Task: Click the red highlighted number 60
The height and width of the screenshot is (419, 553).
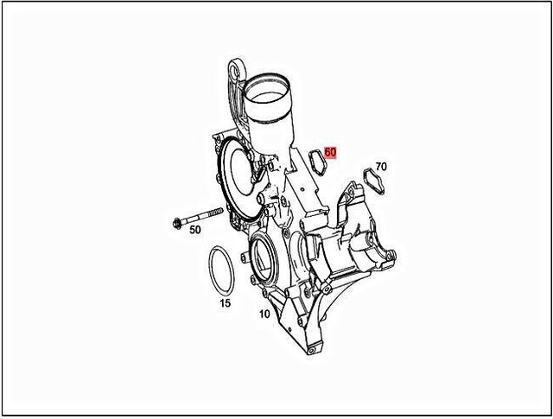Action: pos(330,153)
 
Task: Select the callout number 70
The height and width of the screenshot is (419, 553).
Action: pos(381,166)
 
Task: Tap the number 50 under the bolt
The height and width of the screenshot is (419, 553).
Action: pos(194,229)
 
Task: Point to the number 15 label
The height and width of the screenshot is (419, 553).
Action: pos(224,303)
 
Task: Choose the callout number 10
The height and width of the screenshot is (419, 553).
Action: pos(264,314)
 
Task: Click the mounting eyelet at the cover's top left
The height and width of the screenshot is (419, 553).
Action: pos(237,68)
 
